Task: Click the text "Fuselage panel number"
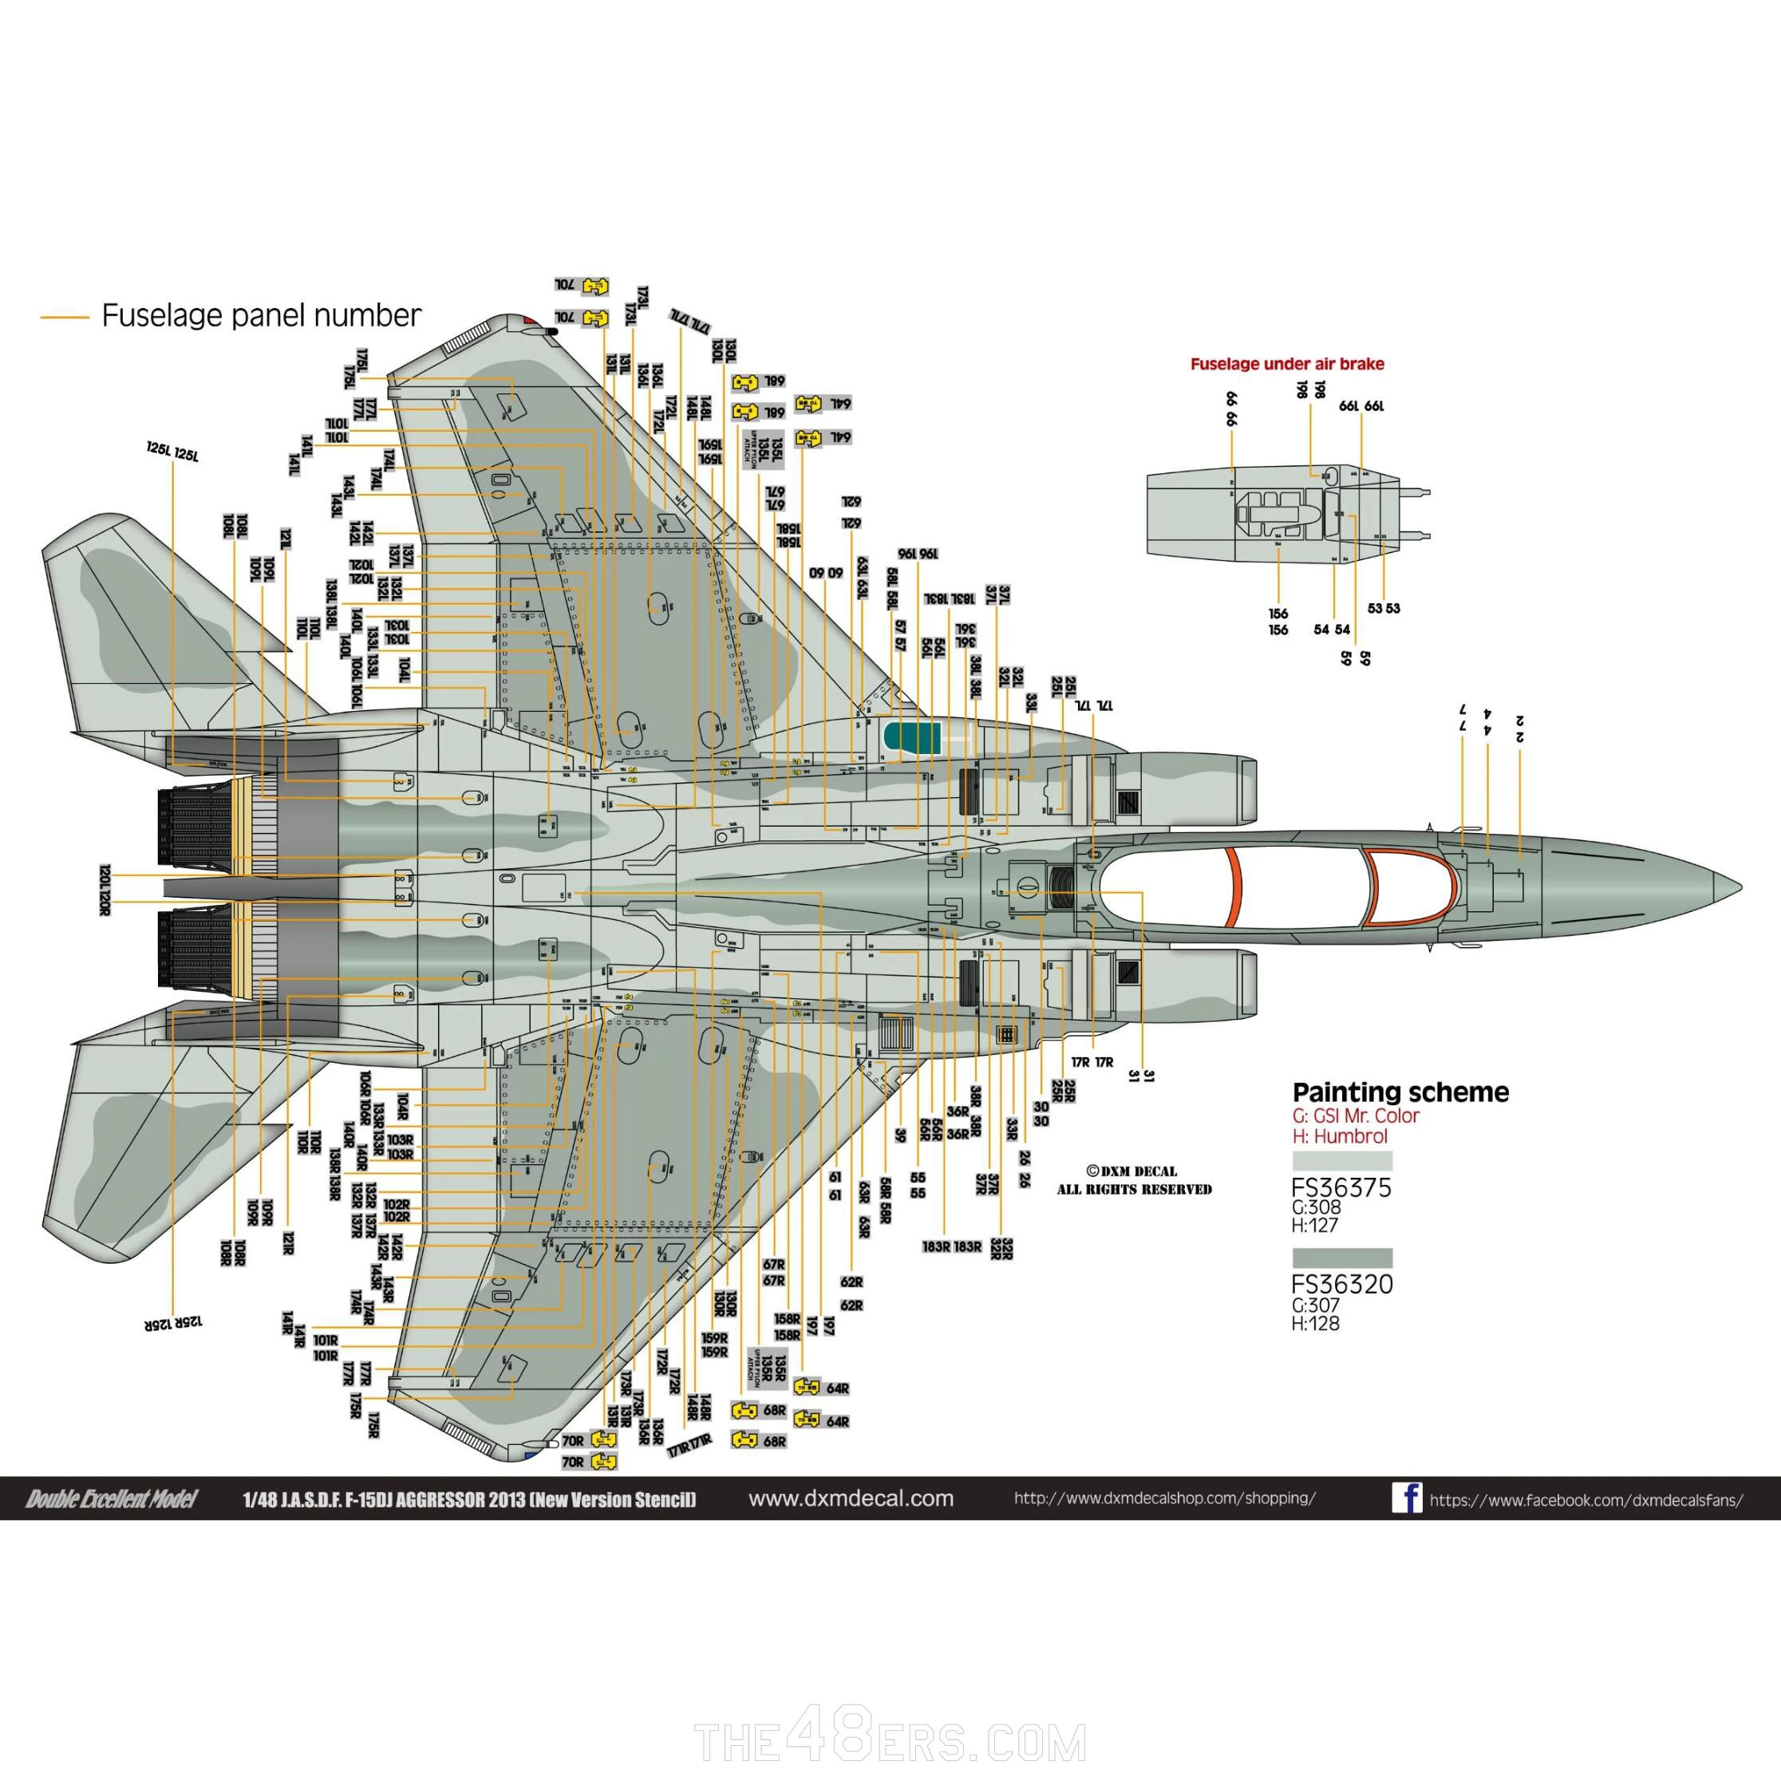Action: [x=261, y=315]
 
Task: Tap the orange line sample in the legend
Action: [x=65, y=318]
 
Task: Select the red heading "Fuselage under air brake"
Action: [x=1287, y=364]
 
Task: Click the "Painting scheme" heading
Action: [x=1400, y=1092]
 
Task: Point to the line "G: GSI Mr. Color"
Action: [x=1356, y=1116]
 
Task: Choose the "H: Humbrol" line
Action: [x=1340, y=1136]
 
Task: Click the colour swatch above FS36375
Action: [x=1342, y=1160]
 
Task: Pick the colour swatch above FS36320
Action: [x=1342, y=1258]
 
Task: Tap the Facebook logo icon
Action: [x=1407, y=1498]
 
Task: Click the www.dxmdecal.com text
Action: [x=851, y=1498]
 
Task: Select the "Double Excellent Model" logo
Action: [x=112, y=1499]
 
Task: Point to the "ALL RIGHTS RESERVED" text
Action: [x=1134, y=1189]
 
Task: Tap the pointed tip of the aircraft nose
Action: [x=1740, y=889]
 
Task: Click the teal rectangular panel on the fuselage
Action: [x=912, y=736]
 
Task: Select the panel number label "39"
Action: [x=900, y=1135]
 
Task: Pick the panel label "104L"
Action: [x=404, y=670]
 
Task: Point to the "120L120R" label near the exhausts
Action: [x=106, y=890]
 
